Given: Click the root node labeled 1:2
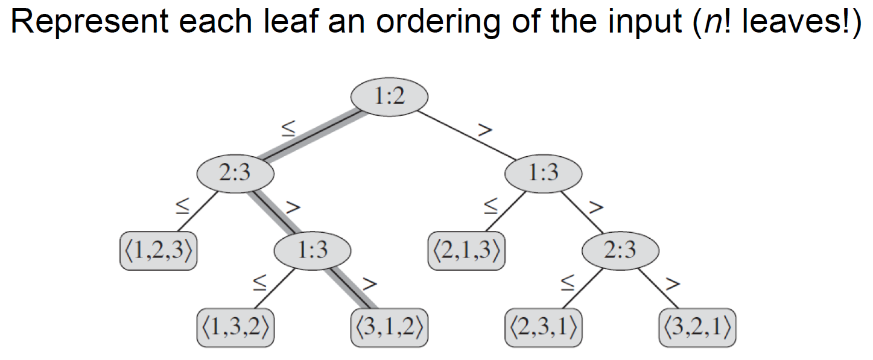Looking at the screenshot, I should pos(389,96).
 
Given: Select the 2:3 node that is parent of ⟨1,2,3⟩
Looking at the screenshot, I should pos(235,174).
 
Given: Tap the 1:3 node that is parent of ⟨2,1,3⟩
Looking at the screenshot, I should pos(543,174).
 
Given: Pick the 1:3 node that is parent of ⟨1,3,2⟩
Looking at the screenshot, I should pos(312,250).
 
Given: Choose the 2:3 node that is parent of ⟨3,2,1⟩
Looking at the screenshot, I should pos(620,250).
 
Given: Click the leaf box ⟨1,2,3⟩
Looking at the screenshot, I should pos(159,250).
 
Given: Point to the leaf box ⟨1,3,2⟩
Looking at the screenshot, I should pos(235,329).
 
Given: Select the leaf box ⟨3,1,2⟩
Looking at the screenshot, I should pos(389,329).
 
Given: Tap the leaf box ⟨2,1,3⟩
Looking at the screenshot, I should pos(466,250).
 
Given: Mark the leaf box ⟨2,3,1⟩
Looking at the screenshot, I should pos(543,329).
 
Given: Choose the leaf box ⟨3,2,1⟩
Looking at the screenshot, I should pos(697,329).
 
